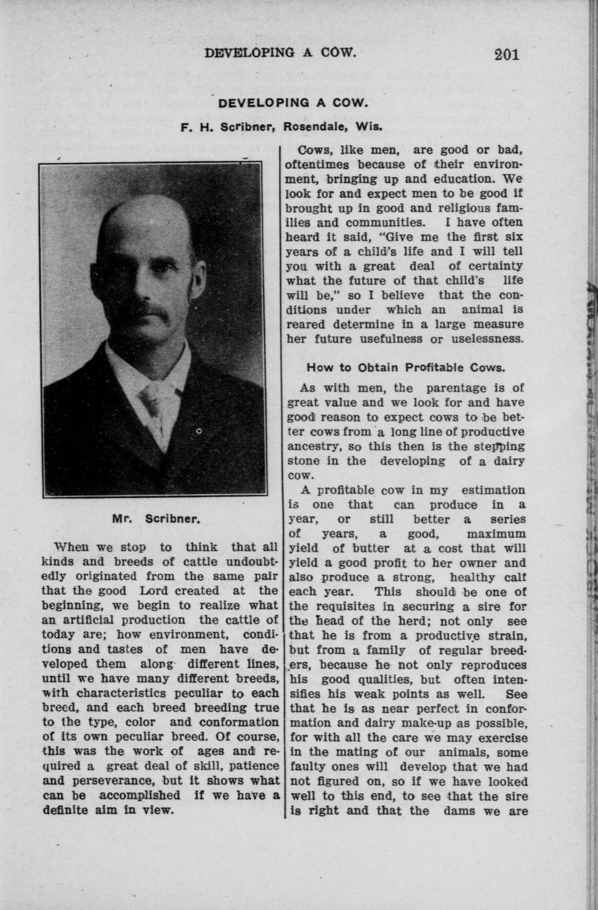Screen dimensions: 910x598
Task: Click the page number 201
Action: click(x=506, y=53)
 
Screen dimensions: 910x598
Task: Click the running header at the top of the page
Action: click(x=280, y=53)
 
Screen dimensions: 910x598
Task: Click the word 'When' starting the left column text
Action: click(x=73, y=547)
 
